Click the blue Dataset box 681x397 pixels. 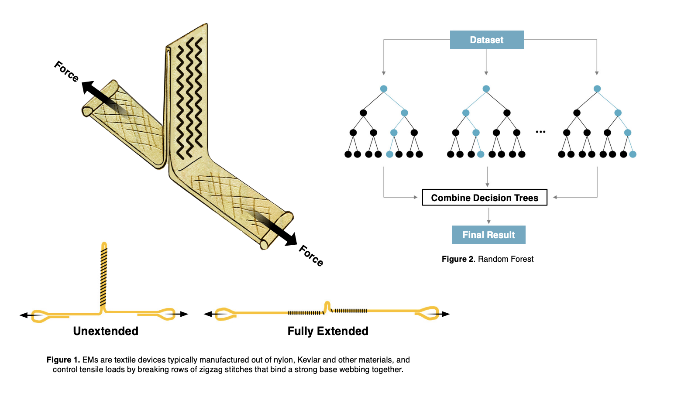[x=487, y=40]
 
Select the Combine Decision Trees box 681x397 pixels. [x=485, y=198]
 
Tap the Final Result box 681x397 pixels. [x=488, y=235]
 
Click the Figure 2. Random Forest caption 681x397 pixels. [x=488, y=259]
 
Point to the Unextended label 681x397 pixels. [x=106, y=331]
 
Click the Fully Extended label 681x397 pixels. [x=328, y=331]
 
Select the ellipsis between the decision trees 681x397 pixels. [x=540, y=132]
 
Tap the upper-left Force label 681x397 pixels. [x=66, y=71]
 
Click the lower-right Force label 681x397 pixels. [x=311, y=256]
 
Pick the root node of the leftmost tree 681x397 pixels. [x=384, y=89]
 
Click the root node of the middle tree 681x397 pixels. [x=486, y=89]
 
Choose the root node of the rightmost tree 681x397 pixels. [x=597, y=89]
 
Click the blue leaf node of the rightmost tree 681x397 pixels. [x=633, y=154]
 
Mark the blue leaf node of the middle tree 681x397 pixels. [x=481, y=154]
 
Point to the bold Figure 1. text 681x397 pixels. [x=63, y=360]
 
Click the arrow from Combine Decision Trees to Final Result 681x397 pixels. [x=488, y=216]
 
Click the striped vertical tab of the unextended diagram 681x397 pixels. [x=103, y=275]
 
